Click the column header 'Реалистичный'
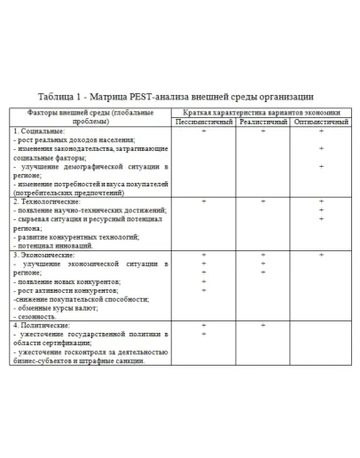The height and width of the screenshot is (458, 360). tap(263, 121)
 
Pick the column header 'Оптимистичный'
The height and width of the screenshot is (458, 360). tap(321, 121)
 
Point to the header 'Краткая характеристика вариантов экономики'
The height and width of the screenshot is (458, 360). tap(262, 113)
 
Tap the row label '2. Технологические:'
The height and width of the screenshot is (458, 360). tap(48, 201)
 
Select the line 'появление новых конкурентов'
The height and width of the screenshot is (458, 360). tap(67, 281)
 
